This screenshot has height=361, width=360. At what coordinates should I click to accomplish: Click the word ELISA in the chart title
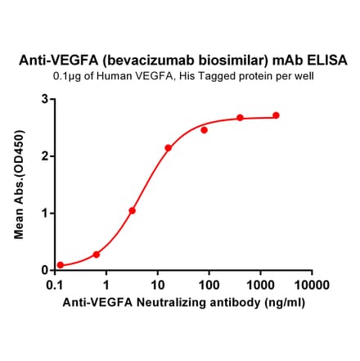tap(326, 61)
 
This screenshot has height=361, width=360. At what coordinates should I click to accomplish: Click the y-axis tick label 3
tap(44, 99)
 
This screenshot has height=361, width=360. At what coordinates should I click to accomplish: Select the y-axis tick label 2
tap(44, 156)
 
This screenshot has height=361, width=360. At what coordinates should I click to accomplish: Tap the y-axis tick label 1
tap(44, 213)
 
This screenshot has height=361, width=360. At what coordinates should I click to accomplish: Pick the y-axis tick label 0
tap(44, 270)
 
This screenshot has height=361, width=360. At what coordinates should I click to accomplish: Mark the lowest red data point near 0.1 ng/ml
tap(61, 265)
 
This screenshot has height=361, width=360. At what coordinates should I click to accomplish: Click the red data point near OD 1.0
tap(132, 210)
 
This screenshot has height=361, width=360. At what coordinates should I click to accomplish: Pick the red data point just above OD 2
tap(168, 148)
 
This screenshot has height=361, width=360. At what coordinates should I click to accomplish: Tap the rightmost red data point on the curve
tap(276, 115)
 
